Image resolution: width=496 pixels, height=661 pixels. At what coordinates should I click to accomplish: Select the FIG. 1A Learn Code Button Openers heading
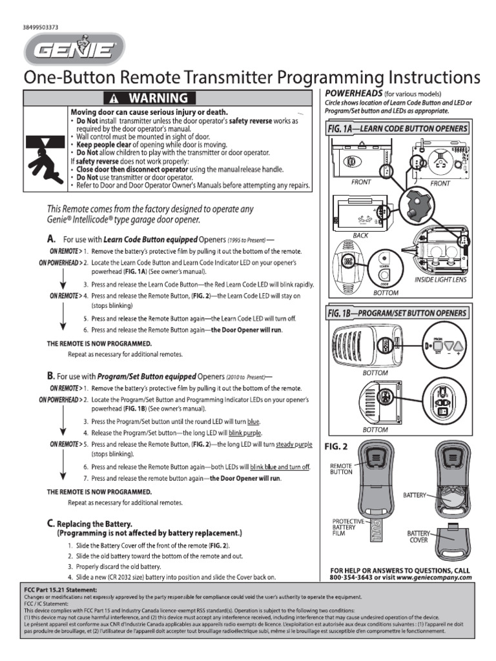pos(397,129)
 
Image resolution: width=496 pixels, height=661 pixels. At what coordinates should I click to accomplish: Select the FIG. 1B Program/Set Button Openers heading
pos(397,314)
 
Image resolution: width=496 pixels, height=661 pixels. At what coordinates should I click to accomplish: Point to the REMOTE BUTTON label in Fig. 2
pos(341,469)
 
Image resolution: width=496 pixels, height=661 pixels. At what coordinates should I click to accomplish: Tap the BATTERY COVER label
pos(418,538)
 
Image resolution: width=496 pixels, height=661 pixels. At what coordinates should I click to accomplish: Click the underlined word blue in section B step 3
pos(253,420)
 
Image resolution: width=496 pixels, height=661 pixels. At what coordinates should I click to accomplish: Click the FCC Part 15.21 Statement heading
pos(61,590)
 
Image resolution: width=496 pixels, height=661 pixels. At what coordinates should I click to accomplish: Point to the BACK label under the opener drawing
pos(360,236)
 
